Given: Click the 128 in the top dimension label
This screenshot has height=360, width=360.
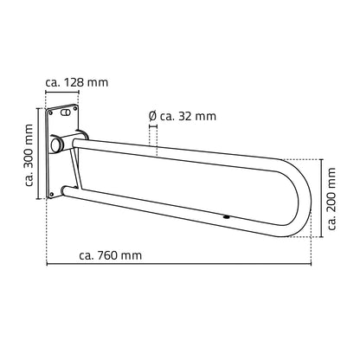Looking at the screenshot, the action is pyautogui.click(x=74, y=83).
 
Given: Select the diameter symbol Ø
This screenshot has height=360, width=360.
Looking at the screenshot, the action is pyautogui.click(x=152, y=116).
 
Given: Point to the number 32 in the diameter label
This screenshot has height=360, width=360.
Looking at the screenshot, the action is pyautogui.click(x=184, y=116).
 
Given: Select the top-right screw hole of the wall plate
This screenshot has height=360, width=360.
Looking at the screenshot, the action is pyautogui.click(x=75, y=108).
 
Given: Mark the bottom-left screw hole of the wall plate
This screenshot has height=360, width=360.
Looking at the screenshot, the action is pyautogui.click(x=51, y=194).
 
